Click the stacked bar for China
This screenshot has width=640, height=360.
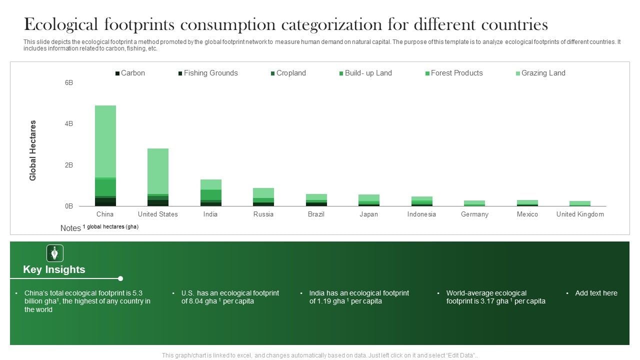pos(105,155)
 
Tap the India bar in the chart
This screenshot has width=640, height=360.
pos(210,192)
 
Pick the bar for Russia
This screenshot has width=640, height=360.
pos(263,197)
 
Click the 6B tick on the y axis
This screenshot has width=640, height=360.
pos(69,82)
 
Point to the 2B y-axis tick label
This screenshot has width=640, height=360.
pos(69,165)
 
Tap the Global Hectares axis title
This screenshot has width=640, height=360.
pos(33,150)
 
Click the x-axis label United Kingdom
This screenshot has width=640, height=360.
pos(580,214)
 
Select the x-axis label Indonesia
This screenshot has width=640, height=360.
pos(421,214)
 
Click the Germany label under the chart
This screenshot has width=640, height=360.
pos(474,214)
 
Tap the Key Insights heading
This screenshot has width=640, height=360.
pos(54,269)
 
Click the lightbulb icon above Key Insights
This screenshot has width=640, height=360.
pos(55,253)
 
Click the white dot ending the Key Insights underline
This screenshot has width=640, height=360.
pos(120,278)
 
